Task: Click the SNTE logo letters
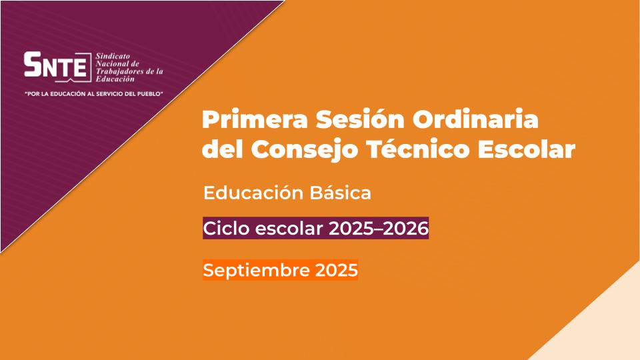(55, 65)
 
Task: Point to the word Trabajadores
(117, 71)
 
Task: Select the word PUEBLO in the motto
(150, 94)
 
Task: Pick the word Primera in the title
(255, 119)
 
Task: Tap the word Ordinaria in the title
(475, 119)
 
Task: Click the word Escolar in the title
(527, 149)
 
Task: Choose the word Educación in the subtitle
(253, 193)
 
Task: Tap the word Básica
(341, 193)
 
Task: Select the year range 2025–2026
(379, 228)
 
